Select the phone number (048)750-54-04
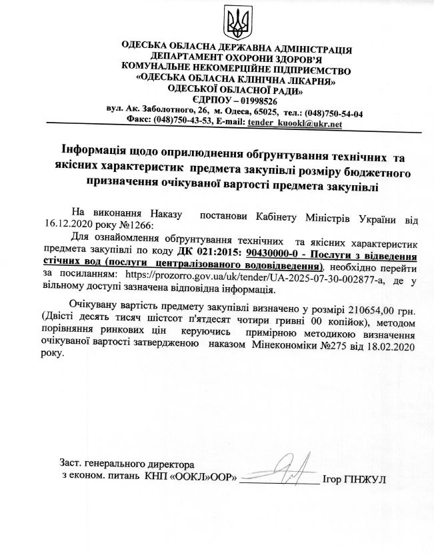click(x=332, y=112)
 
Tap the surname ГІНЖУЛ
click(x=368, y=477)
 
